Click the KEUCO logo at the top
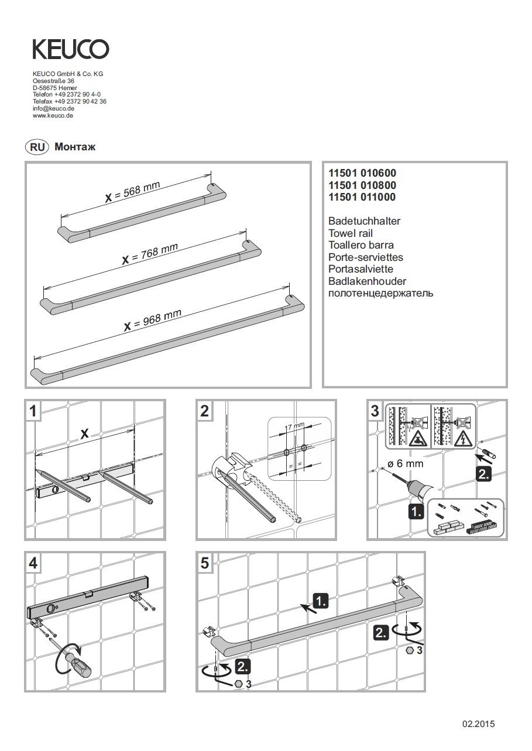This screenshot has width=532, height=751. [x=70, y=49]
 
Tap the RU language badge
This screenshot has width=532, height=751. [x=36, y=147]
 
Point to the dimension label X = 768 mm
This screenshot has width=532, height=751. [x=149, y=253]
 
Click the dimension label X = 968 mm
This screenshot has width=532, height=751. [x=152, y=319]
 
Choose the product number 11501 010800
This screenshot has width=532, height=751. [x=362, y=185]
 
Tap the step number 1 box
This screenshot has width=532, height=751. [x=33, y=411]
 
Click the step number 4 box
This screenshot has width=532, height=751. [x=33, y=563]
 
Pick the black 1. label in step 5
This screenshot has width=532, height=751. [x=321, y=600]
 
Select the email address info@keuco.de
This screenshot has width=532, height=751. [x=53, y=109]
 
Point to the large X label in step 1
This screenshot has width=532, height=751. [x=84, y=433]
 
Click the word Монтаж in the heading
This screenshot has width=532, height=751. [x=74, y=147]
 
